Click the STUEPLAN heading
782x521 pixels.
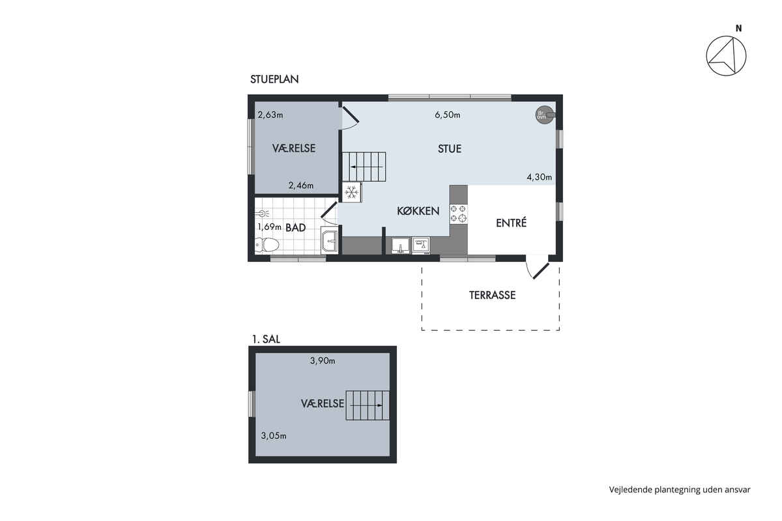coord(274,79)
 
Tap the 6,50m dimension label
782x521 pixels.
coord(447,115)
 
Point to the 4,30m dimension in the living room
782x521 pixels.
coord(540,177)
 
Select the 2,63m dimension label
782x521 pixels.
coord(270,115)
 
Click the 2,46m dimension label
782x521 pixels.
coord(300,186)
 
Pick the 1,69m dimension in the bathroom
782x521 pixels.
coord(269,227)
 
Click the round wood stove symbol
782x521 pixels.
coord(545,115)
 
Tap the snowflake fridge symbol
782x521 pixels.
coord(351,192)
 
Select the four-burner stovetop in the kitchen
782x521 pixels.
coord(458,214)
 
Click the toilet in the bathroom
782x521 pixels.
coord(267,245)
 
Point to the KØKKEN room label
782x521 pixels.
coord(418,211)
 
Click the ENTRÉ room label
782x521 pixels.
coord(511,223)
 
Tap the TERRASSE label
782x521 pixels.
coord(492,295)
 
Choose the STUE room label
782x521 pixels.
coord(450,149)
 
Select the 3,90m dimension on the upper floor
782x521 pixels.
coord(323,361)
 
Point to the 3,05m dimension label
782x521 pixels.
coord(274,436)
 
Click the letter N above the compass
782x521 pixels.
coord(739,29)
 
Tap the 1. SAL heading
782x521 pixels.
coord(266,339)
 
